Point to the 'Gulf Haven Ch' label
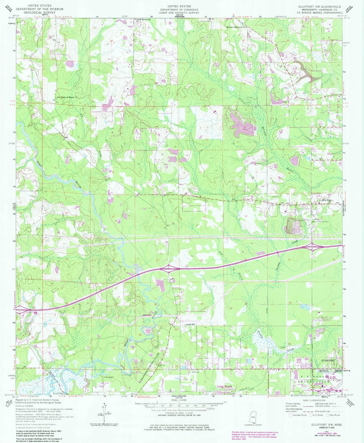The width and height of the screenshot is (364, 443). [x=144, y=19]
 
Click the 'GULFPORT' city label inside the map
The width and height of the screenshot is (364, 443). [x=328, y=361]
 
